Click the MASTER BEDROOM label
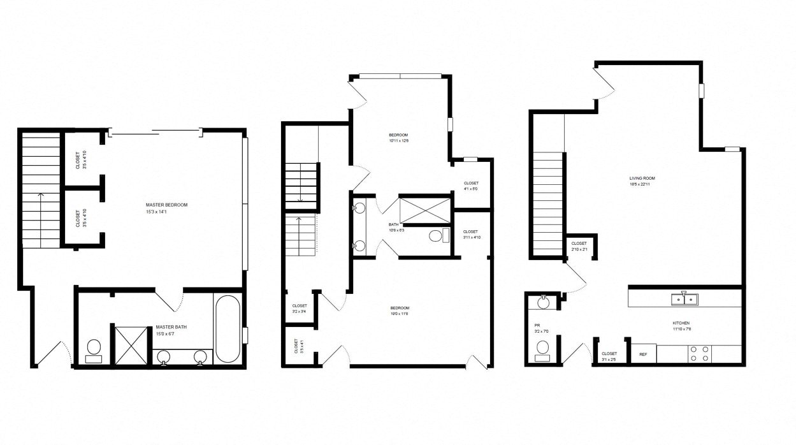(x=167, y=205)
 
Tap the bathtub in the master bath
(x=227, y=329)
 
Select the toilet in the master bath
(x=94, y=348)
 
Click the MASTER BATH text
(x=171, y=326)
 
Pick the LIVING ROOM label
(x=642, y=179)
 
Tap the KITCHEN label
(x=681, y=323)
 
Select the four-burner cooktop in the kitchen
(x=699, y=353)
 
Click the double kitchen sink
(x=684, y=298)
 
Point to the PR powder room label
(x=537, y=325)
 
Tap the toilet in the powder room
(x=543, y=348)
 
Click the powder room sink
(x=543, y=300)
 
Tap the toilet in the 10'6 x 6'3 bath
(x=436, y=236)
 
